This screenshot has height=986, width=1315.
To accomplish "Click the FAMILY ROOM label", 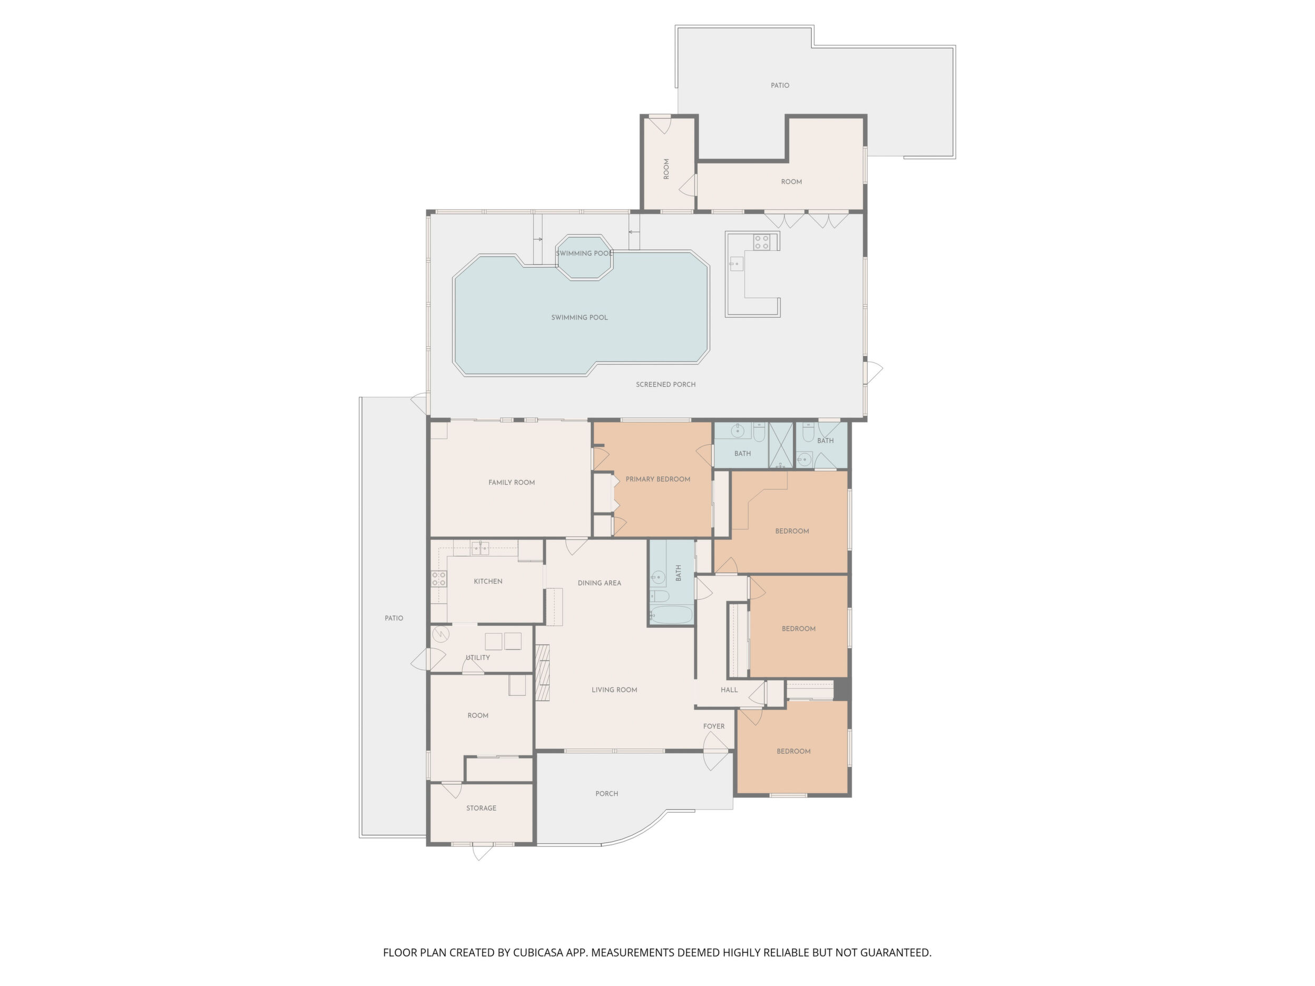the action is pos(511,482).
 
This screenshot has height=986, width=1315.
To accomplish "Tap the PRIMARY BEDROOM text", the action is pos(657,479).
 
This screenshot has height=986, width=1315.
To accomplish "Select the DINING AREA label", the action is pos(599,583).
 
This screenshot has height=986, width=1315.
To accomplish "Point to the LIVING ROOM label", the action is pos(614,690).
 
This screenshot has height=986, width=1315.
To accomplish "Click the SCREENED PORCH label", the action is pos(665,384).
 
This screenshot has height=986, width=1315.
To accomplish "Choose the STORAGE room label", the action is pos(481,808).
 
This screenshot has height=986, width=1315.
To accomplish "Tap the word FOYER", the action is pos(713,726).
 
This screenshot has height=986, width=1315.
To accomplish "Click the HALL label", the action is pos(729,690).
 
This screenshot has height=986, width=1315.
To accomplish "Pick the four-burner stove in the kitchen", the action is pos(439,579).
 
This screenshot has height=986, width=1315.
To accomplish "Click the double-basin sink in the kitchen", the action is pos(480,547).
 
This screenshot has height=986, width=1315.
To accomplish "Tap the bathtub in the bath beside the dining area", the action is pos(671,615).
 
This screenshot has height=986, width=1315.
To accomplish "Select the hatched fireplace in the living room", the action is pos(543,672).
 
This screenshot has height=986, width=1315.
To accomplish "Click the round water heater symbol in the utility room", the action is pos(440,635).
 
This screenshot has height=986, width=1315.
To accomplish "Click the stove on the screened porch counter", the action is pos(761,242).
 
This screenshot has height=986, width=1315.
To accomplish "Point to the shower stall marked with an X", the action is pos(782,445).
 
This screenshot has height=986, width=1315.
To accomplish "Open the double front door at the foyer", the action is pos(717,751).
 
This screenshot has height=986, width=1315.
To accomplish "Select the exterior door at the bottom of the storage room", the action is pos(482,851).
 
